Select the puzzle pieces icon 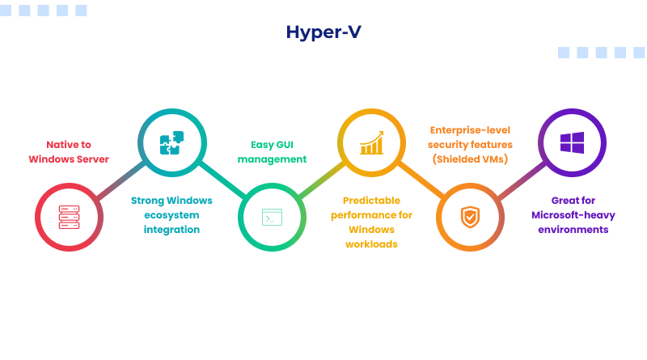click(x=171, y=143)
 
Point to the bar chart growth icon click(x=371, y=143)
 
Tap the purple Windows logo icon click(x=572, y=143)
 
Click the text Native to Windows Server click(x=69, y=151)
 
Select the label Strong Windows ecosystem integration click(x=171, y=214)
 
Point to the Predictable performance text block click(x=371, y=222)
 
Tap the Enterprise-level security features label click(x=470, y=144)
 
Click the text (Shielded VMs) click(x=470, y=159)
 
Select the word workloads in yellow click(x=371, y=244)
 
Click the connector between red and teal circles click(x=121, y=180)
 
